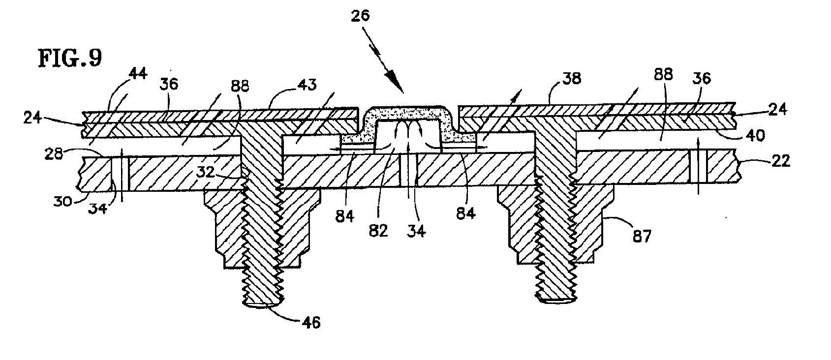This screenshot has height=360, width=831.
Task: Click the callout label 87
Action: tap(641, 237)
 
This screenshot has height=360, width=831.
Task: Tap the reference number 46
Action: tap(310, 322)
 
